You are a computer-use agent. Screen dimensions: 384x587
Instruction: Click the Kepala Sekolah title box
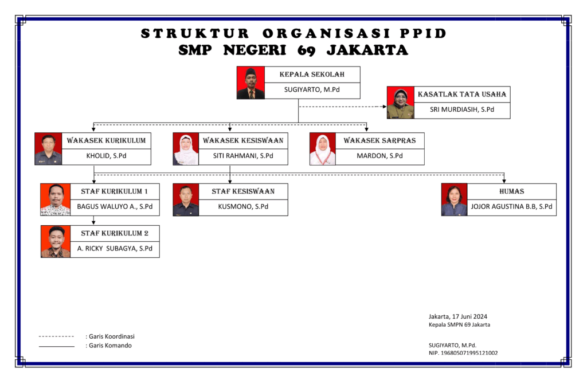click(312, 75)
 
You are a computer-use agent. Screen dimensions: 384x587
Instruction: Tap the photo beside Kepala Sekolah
click(251, 83)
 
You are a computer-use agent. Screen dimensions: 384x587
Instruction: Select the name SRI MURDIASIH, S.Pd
click(462, 110)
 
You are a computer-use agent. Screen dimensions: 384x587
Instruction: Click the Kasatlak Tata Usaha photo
click(400, 103)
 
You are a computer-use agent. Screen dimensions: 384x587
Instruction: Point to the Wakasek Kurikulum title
click(106, 140)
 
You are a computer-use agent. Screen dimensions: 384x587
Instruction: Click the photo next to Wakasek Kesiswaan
click(186, 150)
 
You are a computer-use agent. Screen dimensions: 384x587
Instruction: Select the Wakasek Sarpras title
click(379, 140)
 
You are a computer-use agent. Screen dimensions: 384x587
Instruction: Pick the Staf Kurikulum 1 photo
click(55, 199)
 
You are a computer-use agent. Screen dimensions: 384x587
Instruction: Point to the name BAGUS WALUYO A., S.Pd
click(115, 207)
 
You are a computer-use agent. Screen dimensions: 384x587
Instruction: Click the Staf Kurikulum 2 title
click(115, 233)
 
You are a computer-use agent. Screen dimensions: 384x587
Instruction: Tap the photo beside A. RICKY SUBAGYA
click(55, 241)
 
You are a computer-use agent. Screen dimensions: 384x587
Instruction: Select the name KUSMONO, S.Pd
click(243, 207)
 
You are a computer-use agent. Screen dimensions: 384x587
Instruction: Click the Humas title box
click(511, 191)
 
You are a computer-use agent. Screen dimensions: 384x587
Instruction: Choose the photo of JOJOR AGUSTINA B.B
click(454, 199)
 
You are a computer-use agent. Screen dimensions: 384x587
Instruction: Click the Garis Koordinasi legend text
click(110, 336)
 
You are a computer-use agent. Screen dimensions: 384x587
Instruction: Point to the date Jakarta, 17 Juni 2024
click(457, 316)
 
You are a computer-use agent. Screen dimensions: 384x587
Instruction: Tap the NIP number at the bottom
click(463, 353)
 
